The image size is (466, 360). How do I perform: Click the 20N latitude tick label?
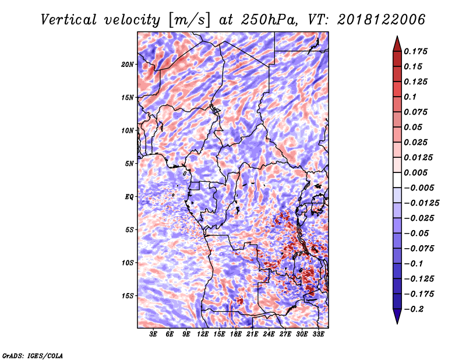click(x=128, y=65)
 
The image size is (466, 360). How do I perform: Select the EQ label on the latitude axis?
click(x=129, y=197)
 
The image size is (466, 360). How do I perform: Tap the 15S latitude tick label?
click(x=128, y=296)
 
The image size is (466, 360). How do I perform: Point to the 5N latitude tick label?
click(x=129, y=164)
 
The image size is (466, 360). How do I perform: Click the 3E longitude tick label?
click(x=153, y=334)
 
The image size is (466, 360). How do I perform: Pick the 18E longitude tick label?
click(x=236, y=334)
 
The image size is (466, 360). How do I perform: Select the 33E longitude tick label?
click(x=318, y=334)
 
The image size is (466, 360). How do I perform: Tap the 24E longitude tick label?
click(x=269, y=334)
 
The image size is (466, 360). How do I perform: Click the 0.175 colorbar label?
click(x=415, y=51)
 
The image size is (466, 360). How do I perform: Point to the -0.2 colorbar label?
click(x=414, y=309)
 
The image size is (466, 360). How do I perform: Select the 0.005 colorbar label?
click(x=415, y=172)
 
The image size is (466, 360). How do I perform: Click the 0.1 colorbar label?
click(x=411, y=97)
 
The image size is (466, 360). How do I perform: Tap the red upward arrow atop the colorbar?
click(x=397, y=44)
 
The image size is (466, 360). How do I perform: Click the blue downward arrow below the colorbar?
click(x=397, y=316)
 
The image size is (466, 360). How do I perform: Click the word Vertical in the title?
click(x=69, y=20)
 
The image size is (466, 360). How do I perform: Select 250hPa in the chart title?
click(x=268, y=20)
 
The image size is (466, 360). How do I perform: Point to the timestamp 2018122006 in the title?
click(x=381, y=20)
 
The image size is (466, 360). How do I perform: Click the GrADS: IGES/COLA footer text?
click(x=33, y=355)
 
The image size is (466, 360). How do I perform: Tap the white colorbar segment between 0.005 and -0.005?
click(x=397, y=180)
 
